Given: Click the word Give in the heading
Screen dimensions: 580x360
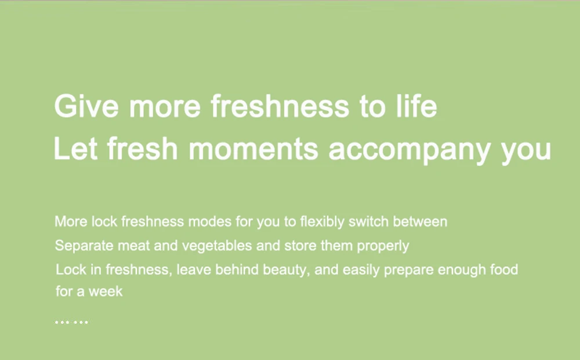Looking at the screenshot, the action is (86, 106).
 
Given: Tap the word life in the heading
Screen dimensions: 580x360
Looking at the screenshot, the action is (416, 106).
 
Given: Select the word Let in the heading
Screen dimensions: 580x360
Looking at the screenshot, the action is (76, 148).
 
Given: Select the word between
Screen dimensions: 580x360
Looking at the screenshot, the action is (420, 221).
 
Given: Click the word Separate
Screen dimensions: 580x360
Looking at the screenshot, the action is (84, 246).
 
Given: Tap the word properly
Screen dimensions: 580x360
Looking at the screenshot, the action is (383, 246).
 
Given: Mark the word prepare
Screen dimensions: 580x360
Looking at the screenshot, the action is (409, 270).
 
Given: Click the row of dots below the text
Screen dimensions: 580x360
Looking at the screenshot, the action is (71, 322).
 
